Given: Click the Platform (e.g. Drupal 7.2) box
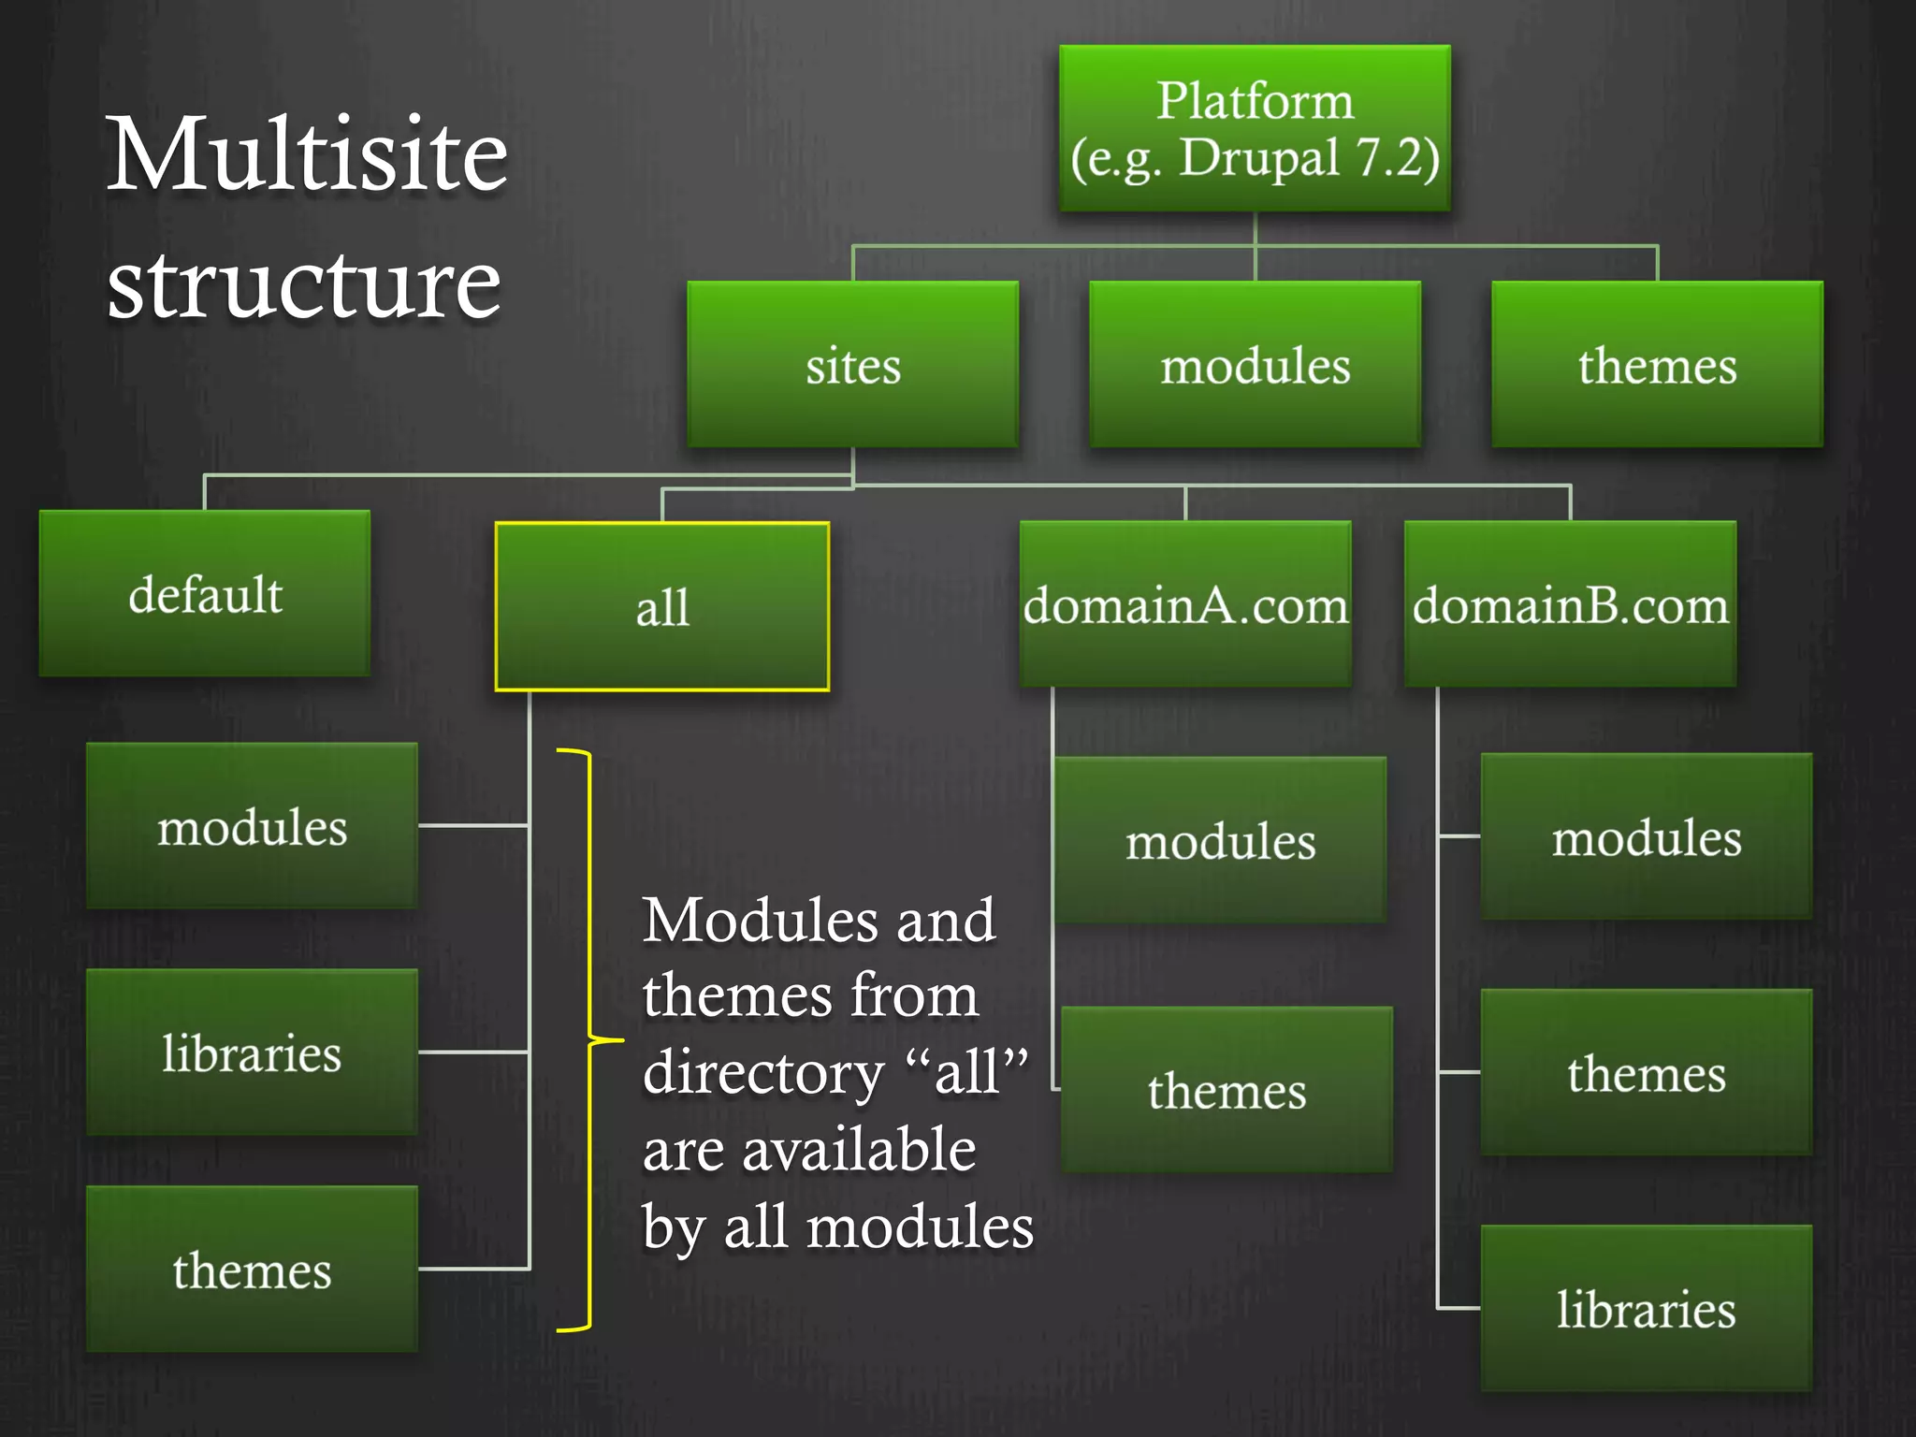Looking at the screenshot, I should click(x=1255, y=128).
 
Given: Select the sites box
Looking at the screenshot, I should click(x=852, y=364).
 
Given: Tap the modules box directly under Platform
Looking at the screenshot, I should click(x=1255, y=364).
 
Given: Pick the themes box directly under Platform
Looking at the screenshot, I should click(x=1657, y=364).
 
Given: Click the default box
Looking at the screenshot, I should click(x=205, y=593).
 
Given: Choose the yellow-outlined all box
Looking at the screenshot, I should click(x=662, y=606).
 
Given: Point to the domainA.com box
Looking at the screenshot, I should click(x=1185, y=604).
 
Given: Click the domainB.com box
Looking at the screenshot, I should click(x=1571, y=604).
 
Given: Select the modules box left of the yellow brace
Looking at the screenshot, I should click(x=252, y=825).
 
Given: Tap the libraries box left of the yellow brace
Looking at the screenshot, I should click(x=252, y=1052).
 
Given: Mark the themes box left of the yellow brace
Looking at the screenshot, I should click(x=252, y=1270).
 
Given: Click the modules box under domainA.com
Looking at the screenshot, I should click(x=1220, y=840).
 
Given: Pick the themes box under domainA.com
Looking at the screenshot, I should click(x=1227, y=1090).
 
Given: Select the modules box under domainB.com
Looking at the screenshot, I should click(x=1647, y=836).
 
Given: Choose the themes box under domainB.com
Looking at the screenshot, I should click(x=1647, y=1072).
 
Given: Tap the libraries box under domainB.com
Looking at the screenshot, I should click(x=1647, y=1308).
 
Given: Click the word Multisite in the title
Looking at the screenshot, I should click(x=307, y=154).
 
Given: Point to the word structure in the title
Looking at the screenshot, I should click(x=304, y=283).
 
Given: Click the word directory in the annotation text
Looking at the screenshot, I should click(x=763, y=1073).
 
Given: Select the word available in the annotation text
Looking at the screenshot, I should click(x=859, y=1150).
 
